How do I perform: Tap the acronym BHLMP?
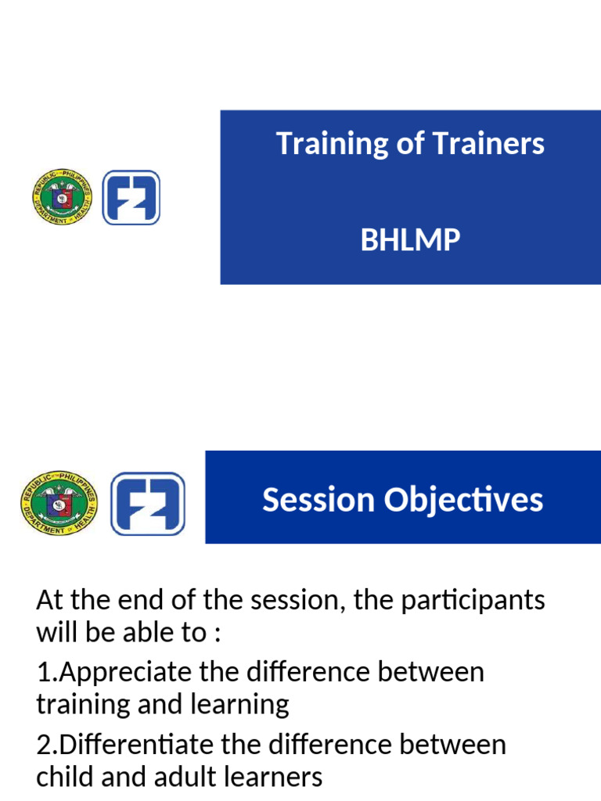410,240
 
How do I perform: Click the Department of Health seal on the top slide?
63,198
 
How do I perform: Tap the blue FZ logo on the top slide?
131,198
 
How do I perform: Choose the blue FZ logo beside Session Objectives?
148,503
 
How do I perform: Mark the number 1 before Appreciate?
42,673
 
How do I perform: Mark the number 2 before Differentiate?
43,745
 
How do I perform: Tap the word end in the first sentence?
130,602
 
